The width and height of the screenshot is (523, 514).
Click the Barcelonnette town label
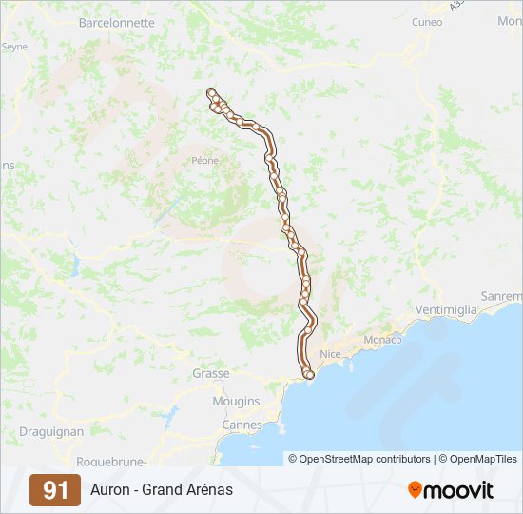click(x=116, y=21)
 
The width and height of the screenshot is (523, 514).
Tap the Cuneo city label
click(x=427, y=21)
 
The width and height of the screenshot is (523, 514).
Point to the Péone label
click(x=204, y=160)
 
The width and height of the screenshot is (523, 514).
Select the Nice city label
click(x=330, y=354)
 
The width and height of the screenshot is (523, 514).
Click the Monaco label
click(x=383, y=340)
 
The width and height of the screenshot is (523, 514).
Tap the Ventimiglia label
click(x=448, y=310)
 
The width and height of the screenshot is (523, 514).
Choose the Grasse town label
click(x=210, y=374)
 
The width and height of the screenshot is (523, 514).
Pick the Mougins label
click(x=236, y=401)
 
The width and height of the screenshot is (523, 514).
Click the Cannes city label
click(x=242, y=424)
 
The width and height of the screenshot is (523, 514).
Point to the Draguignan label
click(x=51, y=431)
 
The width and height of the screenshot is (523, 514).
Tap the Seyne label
click(x=14, y=46)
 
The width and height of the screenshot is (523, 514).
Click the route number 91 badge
click(x=55, y=490)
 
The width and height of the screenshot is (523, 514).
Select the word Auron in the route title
click(x=111, y=490)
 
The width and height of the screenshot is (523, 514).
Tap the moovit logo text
click(x=459, y=490)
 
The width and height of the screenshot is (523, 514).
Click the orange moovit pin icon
click(x=415, y=489)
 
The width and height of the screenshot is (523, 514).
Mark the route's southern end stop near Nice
click(x=308, y=375)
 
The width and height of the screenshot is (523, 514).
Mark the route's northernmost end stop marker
click(x=210, y=92)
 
